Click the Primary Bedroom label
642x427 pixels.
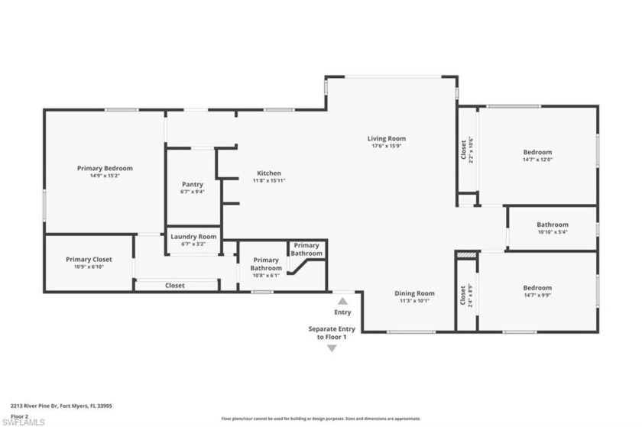tap(105, 168)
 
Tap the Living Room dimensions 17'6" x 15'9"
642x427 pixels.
tap(387, 146)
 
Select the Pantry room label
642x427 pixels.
tap(193, 184)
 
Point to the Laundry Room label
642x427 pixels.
tap(193, 237)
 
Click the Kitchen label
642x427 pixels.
tap(268, 173)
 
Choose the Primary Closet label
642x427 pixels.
tap(89, 260)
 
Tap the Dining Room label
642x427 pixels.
tap(414, 293)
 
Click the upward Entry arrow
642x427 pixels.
tap(342, 301)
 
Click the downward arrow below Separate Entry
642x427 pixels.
tap(332, 348)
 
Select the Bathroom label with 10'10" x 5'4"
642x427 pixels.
tap(552, 225)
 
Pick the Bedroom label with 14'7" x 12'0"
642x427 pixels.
tap(537, 152)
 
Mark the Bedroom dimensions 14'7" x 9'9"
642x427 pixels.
tap(537, 295)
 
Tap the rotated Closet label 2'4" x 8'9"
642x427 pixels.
tap(465, 296)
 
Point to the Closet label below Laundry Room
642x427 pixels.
tap(175, 286)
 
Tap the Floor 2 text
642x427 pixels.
tap(18, 416)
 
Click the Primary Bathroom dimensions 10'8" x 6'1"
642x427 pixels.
tap(266, 275)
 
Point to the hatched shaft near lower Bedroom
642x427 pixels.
tap(466, 254)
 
